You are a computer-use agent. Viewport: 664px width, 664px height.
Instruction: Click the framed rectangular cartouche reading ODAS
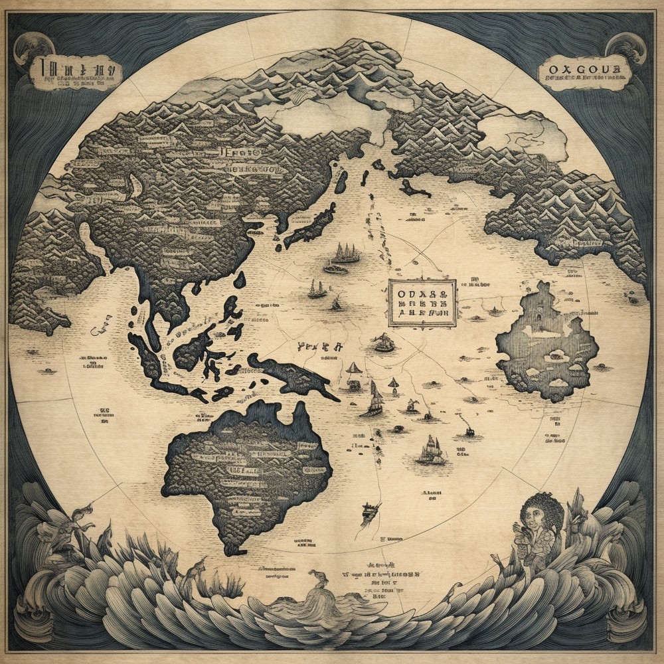tap(422, 303)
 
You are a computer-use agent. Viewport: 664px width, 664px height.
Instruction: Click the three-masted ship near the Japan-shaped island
tap(346, 253)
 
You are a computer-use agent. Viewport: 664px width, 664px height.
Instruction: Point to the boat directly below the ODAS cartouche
tap(384, 343)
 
